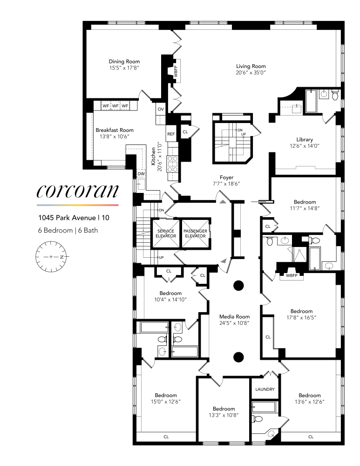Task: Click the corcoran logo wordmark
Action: [x=77, y=192]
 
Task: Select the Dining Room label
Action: [x=124, y=62]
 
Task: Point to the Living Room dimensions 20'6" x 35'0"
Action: [x=251, y=73]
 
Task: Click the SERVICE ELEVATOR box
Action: [x=166, y=233]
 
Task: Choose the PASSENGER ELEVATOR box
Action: [x=195, y=233]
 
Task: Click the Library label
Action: [x=305, y=139]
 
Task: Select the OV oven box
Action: [x=161, y=109]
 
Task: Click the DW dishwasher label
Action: [x=141, y=174]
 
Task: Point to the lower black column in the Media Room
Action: [x=238, y=357]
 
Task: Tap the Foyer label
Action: [x=227, y=177]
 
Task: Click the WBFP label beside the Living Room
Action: [x=176, y=72]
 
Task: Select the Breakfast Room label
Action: [x=115, y=130]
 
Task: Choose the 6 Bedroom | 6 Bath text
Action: [x=68, y=230]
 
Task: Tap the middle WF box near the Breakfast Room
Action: [x=115, y=106]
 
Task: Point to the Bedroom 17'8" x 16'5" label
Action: [x=301, y=311]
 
